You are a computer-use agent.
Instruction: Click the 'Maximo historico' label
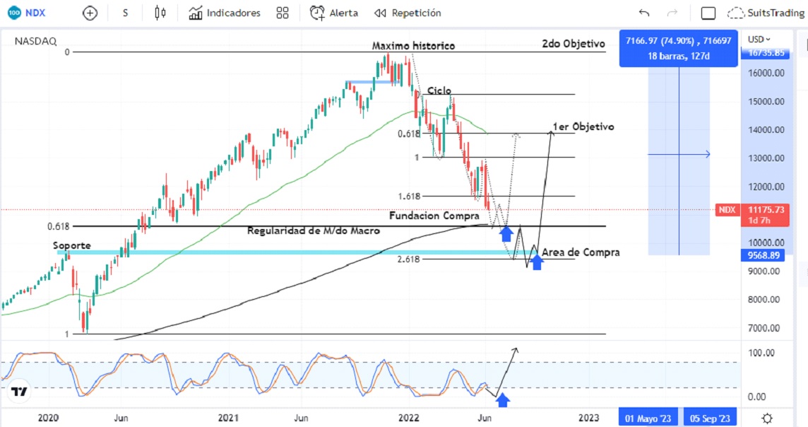pos(413,46)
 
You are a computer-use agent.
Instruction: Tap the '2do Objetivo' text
pos(574,44)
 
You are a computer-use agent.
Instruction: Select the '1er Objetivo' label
pos(583,127)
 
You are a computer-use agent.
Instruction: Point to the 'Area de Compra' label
pos(581,252)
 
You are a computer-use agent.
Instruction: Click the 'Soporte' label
pos(71,246)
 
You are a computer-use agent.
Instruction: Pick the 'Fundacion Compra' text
pos(434,216)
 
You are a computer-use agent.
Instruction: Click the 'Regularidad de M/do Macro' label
pos(314,231)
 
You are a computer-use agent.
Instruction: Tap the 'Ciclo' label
pos(439,91)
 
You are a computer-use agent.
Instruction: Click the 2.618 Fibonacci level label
pos(409,259)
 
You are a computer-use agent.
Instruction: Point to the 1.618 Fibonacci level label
pos(409,197)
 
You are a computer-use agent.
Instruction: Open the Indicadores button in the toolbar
pos(225,13)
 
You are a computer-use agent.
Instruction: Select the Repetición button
pos(408,13)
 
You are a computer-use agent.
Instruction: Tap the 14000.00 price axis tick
pos(766,130)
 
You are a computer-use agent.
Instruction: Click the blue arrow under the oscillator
pos(503,401)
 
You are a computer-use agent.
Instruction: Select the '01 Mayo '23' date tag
pos(646,419)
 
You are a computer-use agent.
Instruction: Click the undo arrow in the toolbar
pos(643,13)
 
